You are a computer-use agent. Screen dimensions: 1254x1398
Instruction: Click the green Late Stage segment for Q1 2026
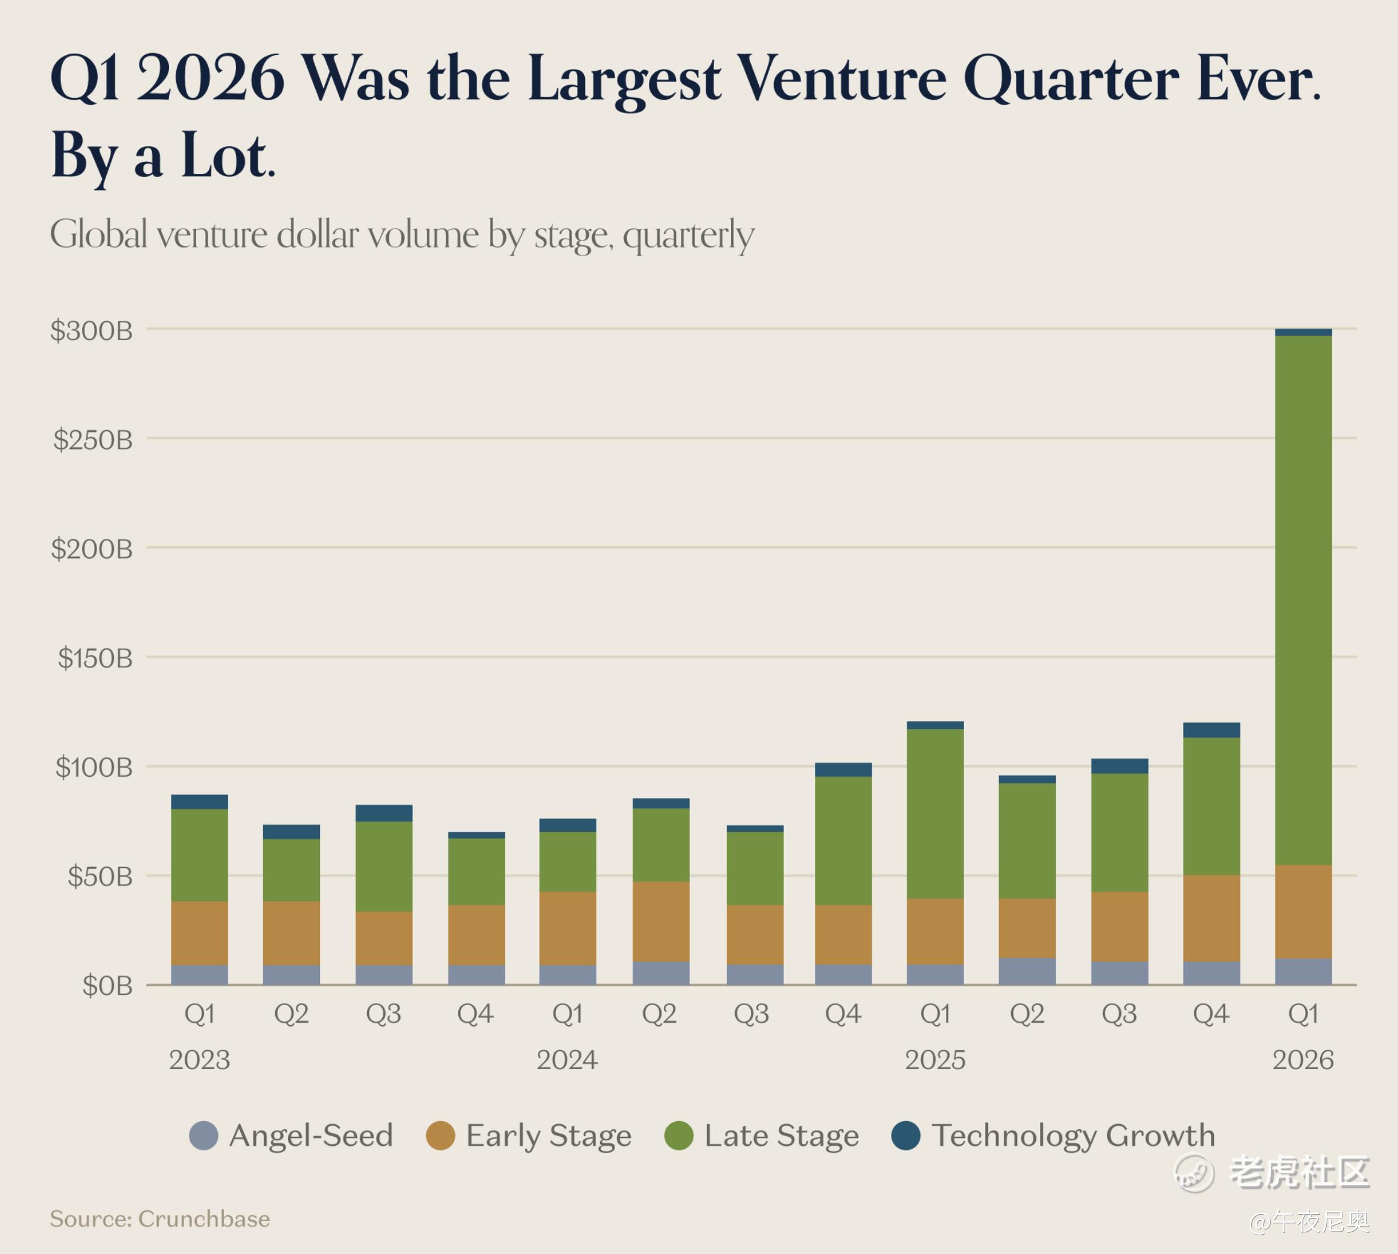(x=1303, y=599)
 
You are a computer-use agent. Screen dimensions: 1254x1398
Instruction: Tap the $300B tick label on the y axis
(x=91, y=331)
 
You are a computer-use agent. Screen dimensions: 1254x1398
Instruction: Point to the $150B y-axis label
(x=95, y=658)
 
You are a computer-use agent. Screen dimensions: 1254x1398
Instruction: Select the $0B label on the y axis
(x=107, y=986)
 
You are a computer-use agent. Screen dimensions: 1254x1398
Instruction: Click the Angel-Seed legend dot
(x=204, y=1136)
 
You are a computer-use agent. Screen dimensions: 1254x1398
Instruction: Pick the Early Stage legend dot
(x=441, y=1136)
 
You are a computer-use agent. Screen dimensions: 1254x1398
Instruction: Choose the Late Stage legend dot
(x=678, y=1136)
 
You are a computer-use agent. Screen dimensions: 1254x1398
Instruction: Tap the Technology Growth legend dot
(x=905, y=1136)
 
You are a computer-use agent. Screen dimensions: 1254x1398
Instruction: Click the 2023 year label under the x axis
(x=199, y=1059)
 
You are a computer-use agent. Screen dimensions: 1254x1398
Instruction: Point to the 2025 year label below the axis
(x=935, y=1059)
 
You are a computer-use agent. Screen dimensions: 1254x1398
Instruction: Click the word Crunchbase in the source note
(x=204, y=1219)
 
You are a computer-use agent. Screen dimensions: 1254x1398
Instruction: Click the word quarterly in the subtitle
(x=689, y=236)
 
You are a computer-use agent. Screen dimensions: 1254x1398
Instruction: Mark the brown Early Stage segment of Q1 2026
(x=1303, y=912)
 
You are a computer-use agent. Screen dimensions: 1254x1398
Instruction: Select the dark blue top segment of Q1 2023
(x=199, y=802)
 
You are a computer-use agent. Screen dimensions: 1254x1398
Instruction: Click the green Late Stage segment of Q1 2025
(x=935, y=813)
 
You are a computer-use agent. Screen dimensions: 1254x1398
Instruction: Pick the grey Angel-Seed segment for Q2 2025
(x=1027, y=971)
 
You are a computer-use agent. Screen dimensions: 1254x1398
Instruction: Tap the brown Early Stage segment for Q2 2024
(x=660, y=921)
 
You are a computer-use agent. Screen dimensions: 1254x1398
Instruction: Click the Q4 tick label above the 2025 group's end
(x=1211, y=1014)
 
